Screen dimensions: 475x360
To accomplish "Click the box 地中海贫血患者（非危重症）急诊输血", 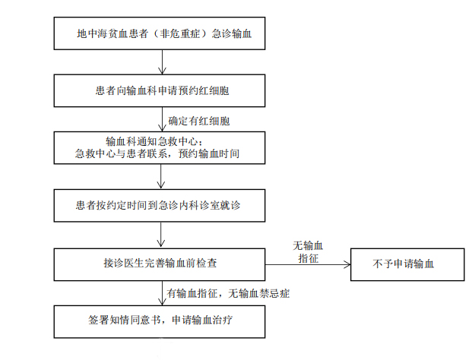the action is tap(160, 33).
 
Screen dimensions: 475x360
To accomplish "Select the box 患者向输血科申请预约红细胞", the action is tap(160, 90).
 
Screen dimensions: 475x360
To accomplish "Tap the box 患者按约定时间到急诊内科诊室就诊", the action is tap(160, 206).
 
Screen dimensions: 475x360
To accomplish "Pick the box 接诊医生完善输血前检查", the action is tap(160, 264).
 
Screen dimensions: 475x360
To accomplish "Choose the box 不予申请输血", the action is tap(407, 264).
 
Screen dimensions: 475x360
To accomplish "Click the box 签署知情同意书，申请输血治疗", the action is tap(160, 321).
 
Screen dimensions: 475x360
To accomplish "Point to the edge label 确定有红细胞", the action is tap(199, 121).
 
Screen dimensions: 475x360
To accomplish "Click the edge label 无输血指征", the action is tap(308, 252).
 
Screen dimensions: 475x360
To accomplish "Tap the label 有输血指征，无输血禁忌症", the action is tap(229, 293).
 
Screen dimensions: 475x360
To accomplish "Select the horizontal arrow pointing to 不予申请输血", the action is tap(308, 264).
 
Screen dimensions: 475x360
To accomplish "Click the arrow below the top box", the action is tap(162, 62).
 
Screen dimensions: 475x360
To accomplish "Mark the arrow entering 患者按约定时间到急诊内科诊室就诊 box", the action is tap(161, 176).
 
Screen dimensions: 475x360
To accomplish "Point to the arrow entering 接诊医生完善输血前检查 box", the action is tap(161, 235).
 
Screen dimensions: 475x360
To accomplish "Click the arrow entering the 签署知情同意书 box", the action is tap(162, 293).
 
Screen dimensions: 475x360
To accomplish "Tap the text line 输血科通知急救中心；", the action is tap(154, 142).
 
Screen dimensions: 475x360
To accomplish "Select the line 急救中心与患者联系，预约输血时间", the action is tap(157, 153).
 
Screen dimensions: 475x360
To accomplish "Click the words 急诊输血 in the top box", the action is tap(232, 33).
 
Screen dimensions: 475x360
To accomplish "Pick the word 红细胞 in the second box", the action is tap(214, 90).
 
